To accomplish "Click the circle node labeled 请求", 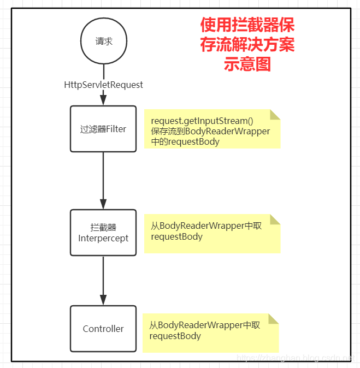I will pyautogui.click(x=103, y=41).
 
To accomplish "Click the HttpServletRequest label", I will pyautogui.click(x=103, y=85).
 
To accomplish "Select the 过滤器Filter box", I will pyautogui.click(x=103, y=129).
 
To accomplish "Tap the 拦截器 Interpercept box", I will pyautogui.click(x=103, y=233).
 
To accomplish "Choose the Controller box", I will pyautogui.click(x=103, y=329).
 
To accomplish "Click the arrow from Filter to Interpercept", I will pyautogui.click(x=103, y=180).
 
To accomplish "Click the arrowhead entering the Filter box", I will pyautogui.click(x=103, y=100).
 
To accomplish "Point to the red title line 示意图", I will pyautogui.click(x=247, y=64).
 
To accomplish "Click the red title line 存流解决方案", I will pyautogui.click(x=247, y=45).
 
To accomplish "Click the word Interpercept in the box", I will pyautogui.click(x=103, y=238).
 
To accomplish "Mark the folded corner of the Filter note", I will pyautogui.click(x=275, y=115).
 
